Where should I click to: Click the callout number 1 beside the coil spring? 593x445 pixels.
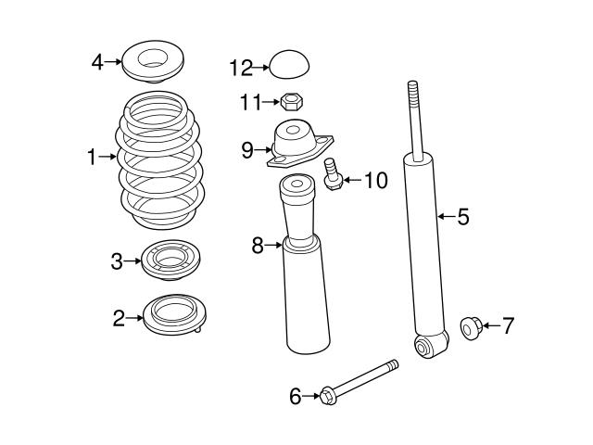coord(92,159)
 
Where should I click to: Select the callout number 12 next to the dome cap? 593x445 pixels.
coord(240,67)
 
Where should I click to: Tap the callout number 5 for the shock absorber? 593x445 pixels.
coord(463,217)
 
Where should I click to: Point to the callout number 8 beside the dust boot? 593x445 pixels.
coord(258,246)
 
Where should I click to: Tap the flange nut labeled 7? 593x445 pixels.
coord(470,326)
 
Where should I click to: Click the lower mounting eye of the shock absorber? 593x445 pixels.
coord(425,347)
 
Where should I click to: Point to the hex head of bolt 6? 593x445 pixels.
coord(327,397)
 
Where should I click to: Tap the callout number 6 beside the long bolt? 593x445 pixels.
coord(295,397)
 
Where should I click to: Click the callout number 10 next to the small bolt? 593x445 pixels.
coord(374,179)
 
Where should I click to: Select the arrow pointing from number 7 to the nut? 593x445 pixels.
coord(491,325)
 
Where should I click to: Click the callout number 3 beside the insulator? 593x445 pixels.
coord(117,261)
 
